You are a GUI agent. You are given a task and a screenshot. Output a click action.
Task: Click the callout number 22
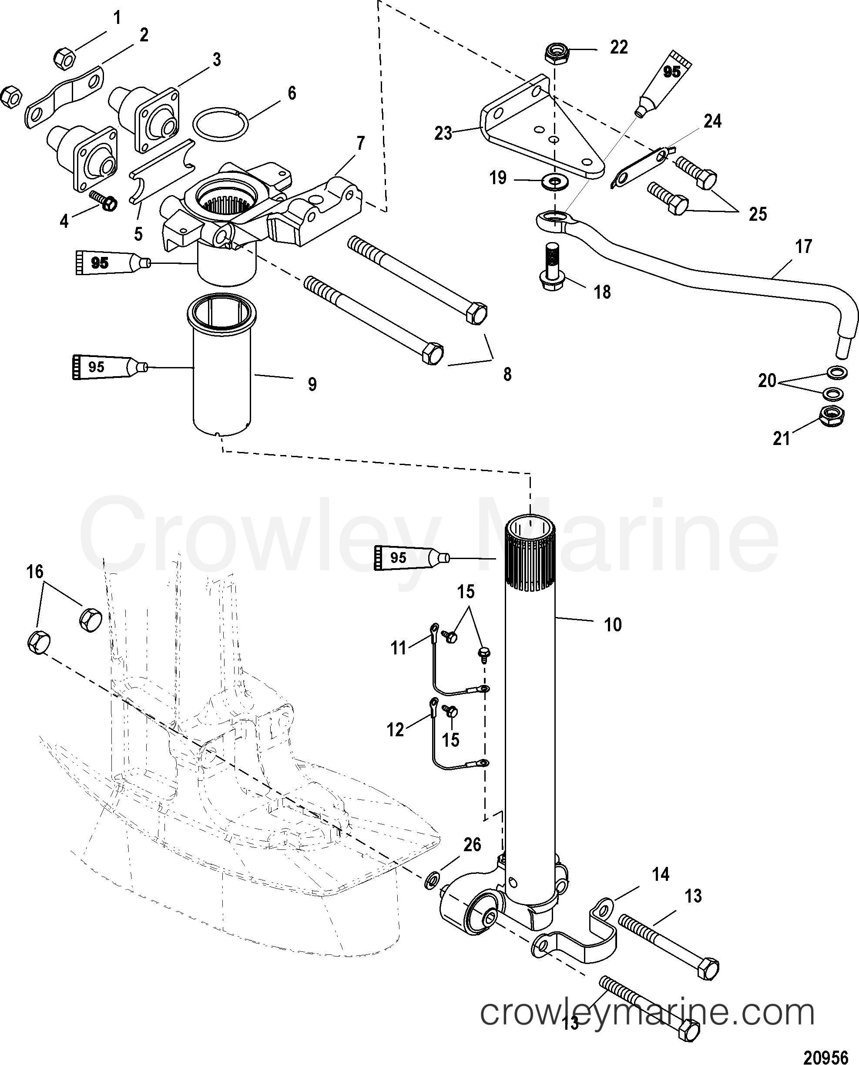618,47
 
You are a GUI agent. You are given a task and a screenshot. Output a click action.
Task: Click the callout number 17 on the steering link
803,246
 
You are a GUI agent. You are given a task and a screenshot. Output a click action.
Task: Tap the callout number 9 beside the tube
312,384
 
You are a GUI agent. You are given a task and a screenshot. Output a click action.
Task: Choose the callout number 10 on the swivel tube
613,624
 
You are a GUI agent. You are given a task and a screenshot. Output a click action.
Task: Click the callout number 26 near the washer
472,844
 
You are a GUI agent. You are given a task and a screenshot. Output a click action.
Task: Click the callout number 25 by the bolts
758,214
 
